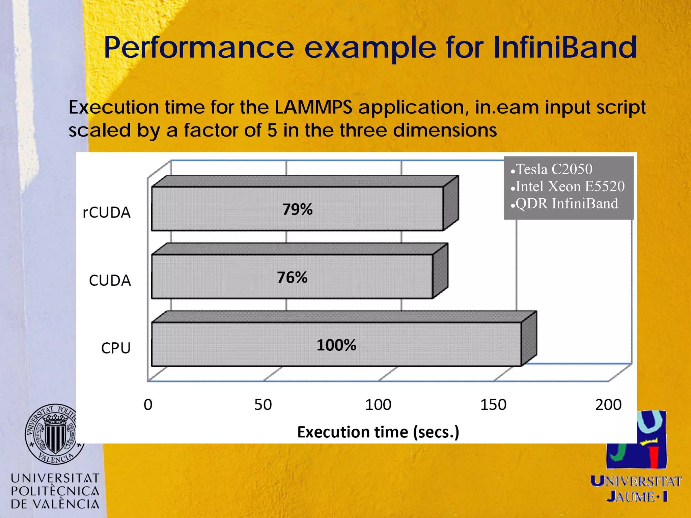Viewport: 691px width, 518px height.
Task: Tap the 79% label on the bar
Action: click(297, 209)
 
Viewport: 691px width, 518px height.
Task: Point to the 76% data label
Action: click(292, 278)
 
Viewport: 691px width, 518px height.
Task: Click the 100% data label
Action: click(336, 345)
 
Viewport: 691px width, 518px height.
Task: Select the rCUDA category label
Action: click(107, 212)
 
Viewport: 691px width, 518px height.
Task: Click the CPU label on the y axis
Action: click(116, 348)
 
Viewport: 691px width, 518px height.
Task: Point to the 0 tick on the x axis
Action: click(148, 405)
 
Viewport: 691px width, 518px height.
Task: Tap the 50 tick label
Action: click(263, 405)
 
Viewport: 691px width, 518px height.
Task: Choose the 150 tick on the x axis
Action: click(493, 405)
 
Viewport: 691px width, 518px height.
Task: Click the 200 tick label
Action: click(608, 405)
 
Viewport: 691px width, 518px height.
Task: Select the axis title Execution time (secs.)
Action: click(378, 432)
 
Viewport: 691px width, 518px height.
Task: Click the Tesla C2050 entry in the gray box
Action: click(554, 169)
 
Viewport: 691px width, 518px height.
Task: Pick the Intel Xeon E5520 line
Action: click(570, 186)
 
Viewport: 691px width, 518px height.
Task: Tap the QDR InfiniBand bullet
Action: click(566, 204)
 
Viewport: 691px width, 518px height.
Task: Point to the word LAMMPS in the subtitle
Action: click(313, 107)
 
